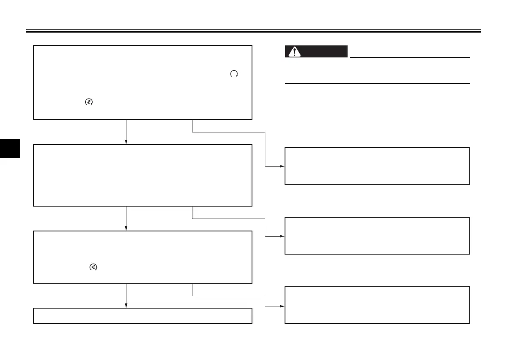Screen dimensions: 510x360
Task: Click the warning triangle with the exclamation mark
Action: (x=294, y=52)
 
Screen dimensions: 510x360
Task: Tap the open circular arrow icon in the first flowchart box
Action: (x=234, y=74)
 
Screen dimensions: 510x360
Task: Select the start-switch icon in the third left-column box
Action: (x=93, y=267)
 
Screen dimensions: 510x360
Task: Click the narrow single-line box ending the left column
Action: (x=142, y=315)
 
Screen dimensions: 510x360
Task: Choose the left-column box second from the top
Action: (x=142, y=175)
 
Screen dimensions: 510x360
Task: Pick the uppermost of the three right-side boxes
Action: (x=377, y=166)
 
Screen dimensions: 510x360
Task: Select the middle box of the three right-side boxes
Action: (x=377, y=236)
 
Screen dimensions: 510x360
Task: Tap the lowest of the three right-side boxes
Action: (x=377, y=305)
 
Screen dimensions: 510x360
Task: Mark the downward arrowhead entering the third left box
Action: (x=126, y=228)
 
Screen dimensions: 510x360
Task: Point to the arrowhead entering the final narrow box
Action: (x=126, y=305)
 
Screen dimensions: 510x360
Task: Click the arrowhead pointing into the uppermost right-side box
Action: (x=282, y=166)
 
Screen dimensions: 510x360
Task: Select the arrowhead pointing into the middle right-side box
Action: (x=282, y=236)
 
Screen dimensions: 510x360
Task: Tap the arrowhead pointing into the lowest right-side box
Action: (x=282, y=306)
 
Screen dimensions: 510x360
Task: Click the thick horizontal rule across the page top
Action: (x=253, y=32)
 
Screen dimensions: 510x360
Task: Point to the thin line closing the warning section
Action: (x=377, y=84)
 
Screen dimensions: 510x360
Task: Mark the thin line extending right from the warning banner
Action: (x=409, y=57)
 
